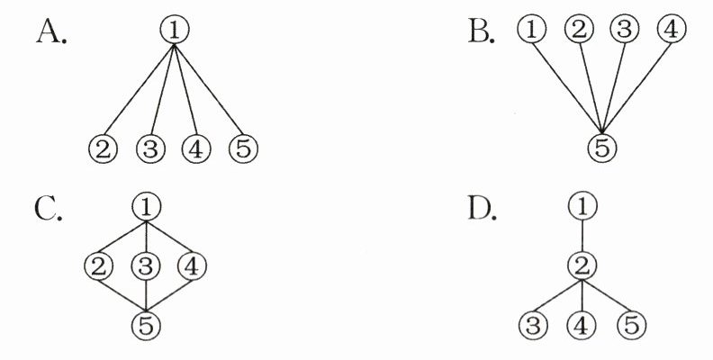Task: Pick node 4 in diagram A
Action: point(195,148)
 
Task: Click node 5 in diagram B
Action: point(602,146)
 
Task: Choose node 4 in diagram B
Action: point(671,30)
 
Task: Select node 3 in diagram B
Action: point(625,30)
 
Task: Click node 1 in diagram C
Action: point(144,207)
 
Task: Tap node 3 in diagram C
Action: point(144,265)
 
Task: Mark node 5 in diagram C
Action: point(144,322)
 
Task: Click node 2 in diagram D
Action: point(583,265)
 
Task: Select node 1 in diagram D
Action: point(583,208)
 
